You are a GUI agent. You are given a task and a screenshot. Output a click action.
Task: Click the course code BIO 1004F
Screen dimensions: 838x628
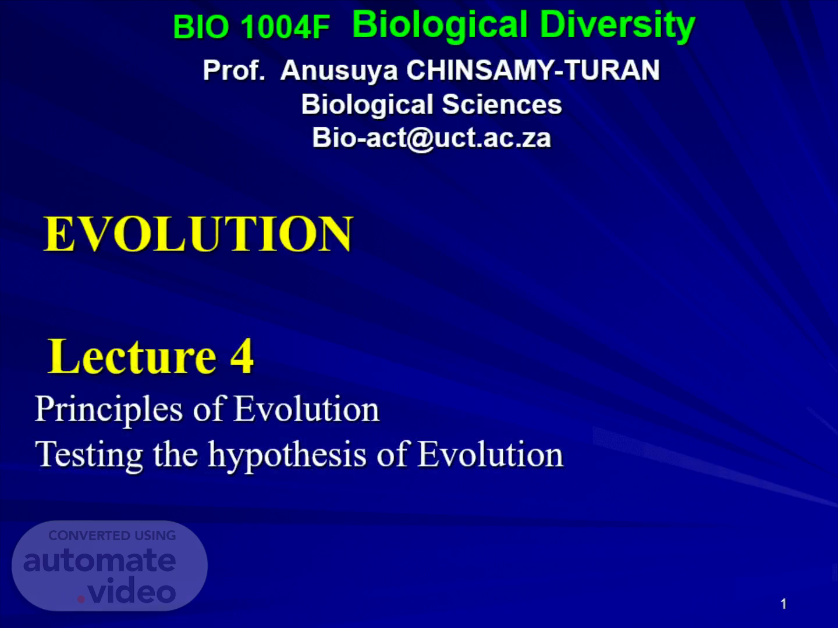(251, 27)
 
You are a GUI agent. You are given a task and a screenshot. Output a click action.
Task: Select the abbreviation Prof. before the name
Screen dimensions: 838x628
(234, 70)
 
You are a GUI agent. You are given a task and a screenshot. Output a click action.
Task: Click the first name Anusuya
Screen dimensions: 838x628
(339, 71)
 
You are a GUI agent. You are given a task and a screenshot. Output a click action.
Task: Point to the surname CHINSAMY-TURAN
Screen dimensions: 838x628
(533, 70)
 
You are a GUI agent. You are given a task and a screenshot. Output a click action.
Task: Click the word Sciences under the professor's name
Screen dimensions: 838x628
(502, 105)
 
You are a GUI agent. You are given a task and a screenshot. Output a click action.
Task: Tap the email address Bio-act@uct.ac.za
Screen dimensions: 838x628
(431, 138)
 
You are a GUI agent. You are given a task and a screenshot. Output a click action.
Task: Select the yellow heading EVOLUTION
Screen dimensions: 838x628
(198, 233)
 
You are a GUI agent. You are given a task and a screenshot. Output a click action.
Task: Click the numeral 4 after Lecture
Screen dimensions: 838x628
(242, 356)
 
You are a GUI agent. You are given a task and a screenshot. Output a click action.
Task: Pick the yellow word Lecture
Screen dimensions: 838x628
(133, 356)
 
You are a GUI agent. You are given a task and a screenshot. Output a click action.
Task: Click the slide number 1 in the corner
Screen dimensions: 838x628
(783, 604)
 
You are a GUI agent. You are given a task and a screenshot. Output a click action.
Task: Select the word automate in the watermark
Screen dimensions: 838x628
(100, 561)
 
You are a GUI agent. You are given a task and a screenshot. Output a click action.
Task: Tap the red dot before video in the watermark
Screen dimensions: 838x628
(81, 600)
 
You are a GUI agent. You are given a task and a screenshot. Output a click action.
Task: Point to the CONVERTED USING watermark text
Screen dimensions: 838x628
(112, 536)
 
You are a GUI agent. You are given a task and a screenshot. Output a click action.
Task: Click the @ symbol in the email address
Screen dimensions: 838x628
(420, 139)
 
